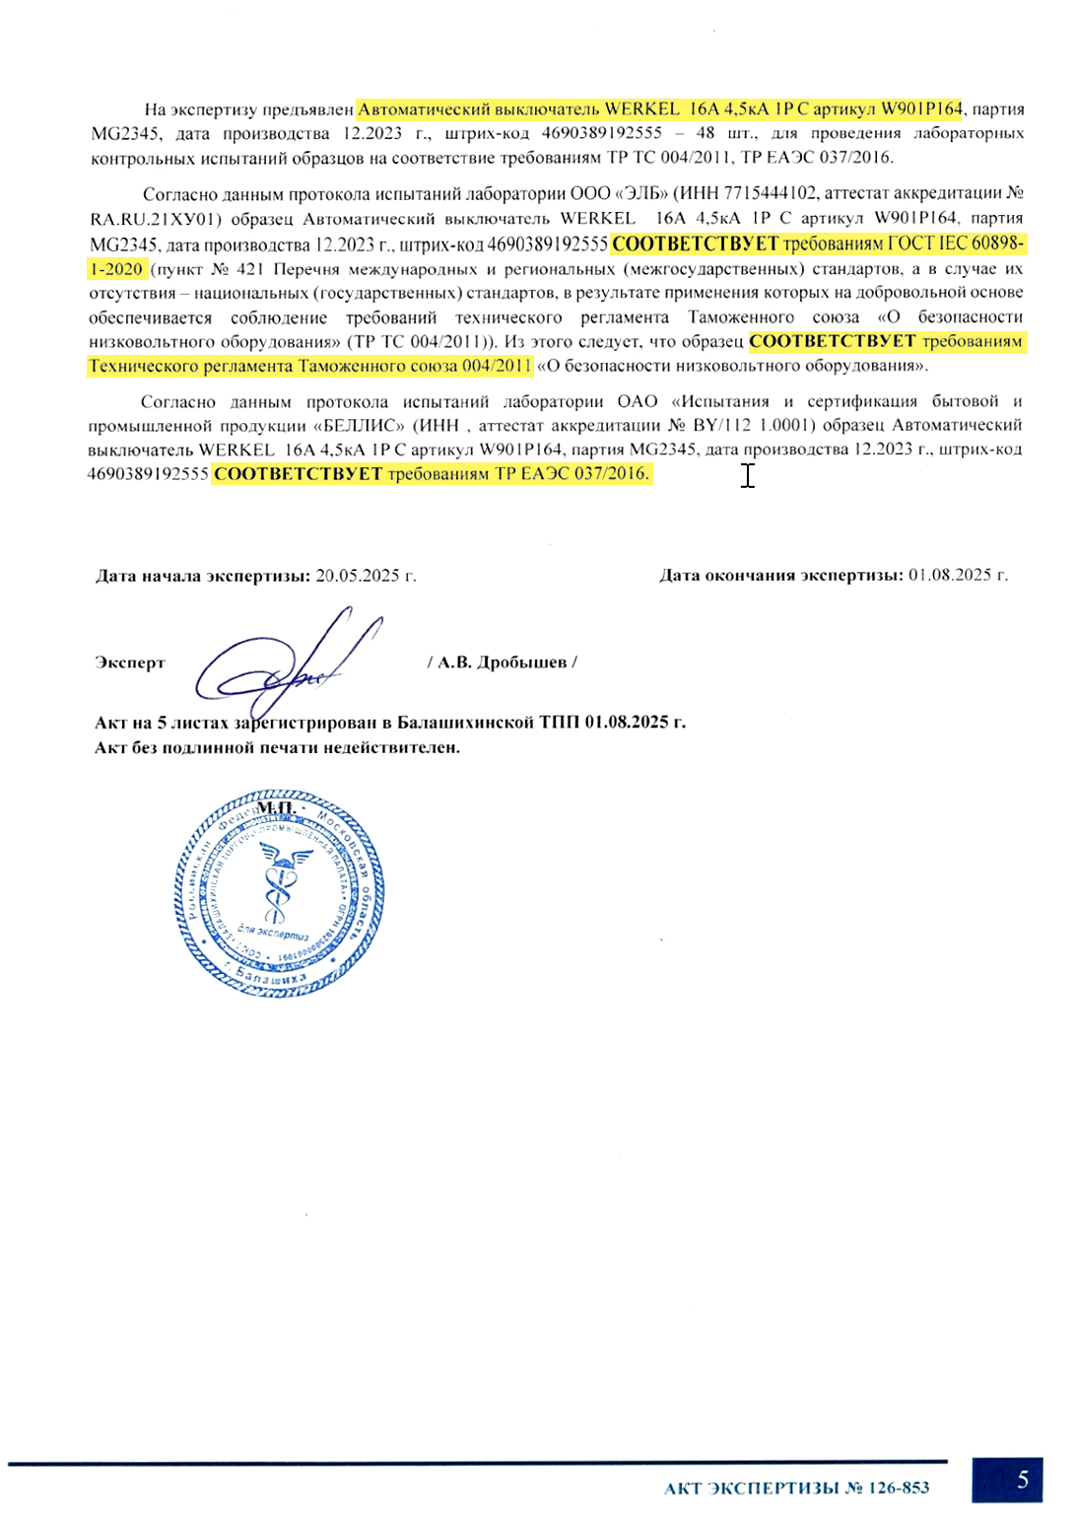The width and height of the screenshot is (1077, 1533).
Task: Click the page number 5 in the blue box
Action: [1022, 1480]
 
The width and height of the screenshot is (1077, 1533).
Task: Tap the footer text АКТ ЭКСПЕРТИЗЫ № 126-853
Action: [796, 1488]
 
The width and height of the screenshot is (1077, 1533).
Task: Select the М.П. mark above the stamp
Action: [277, 808]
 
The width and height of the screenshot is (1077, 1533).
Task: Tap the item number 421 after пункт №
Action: [251, 268]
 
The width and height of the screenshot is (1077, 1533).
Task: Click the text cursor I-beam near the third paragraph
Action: [748, 475]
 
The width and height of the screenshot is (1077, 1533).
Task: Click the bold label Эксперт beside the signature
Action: [130, 662]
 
